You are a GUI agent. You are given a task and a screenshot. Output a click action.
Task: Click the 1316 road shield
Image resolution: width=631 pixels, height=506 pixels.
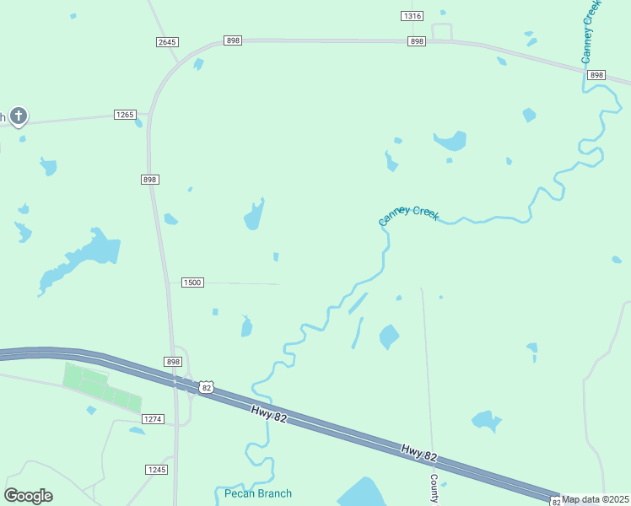click(412, 16)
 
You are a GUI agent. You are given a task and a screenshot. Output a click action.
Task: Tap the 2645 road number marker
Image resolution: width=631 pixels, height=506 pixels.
click(167, 42)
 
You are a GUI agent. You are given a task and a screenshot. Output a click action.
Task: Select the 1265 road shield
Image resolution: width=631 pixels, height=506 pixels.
click(125, 115)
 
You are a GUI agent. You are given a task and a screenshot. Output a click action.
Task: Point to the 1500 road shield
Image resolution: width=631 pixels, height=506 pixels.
click(192, 283)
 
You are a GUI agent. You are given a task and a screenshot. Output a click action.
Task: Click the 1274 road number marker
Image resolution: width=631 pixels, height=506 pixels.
click(153, 419)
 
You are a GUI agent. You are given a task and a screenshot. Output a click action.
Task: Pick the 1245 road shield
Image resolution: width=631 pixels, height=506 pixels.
click(156, 470)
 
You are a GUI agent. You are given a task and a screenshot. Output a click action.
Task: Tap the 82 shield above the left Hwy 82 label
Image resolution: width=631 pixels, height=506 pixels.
click(207, 387)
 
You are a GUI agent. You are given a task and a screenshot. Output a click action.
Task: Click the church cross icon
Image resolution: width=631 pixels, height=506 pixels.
click(19, 116)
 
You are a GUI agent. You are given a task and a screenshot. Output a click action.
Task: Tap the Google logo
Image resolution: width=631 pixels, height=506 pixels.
click(28, 496)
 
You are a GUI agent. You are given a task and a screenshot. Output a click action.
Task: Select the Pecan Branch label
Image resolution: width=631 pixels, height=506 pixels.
click(258, 493)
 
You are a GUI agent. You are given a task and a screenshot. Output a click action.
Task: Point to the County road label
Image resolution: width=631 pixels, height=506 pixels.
click(434, 487)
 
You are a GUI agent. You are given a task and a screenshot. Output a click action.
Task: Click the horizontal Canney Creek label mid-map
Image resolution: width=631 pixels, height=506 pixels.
click(409, 215)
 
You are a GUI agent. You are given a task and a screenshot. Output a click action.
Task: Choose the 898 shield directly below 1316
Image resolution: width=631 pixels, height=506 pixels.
click(417, 41)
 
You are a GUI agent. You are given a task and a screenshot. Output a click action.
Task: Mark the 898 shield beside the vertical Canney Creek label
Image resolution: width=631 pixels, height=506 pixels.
click(596, 75)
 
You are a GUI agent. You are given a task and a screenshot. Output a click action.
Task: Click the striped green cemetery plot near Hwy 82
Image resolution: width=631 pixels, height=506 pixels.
click(101, 387)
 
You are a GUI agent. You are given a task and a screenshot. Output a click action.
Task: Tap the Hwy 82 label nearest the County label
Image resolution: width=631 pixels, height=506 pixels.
click(418, 453)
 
